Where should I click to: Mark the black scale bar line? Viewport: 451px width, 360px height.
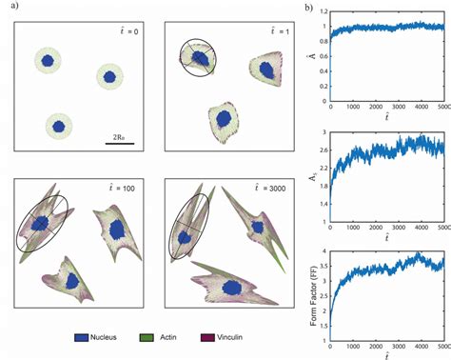(120, 144)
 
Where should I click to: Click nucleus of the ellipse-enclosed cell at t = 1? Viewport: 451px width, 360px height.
(201, 59)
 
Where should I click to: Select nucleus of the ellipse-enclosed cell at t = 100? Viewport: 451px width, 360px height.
(40, 223)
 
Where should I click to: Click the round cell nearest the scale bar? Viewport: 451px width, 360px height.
(59, 125)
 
